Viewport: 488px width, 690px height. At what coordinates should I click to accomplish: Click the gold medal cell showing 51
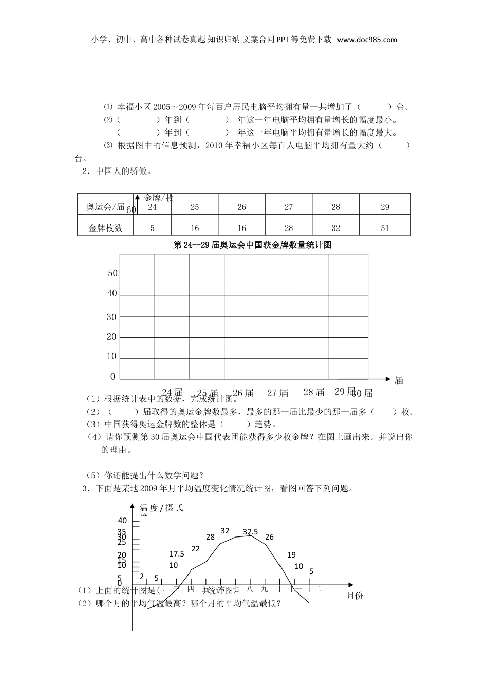pos(385,228)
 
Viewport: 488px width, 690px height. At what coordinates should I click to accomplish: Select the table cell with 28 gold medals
pos(289,228)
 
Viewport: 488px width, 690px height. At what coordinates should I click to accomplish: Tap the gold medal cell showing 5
pos(152,228)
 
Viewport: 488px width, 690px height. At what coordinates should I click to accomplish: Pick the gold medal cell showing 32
pos(335,228)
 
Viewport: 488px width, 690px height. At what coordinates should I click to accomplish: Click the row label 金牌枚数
pos(105,228)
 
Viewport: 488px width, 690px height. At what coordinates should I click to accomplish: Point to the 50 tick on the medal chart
pos(112,274)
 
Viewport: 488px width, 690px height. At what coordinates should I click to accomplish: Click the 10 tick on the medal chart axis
pos(111,357)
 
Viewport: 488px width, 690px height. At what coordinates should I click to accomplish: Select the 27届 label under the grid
pos(277,393)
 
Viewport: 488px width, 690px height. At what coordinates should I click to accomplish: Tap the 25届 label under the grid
pos(208,393)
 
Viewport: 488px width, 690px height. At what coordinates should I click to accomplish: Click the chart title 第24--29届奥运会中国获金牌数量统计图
pos(252,245)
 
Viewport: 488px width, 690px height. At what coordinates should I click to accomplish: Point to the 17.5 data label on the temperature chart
pos(177,554)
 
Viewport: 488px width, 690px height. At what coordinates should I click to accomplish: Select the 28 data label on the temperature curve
pos(210,537)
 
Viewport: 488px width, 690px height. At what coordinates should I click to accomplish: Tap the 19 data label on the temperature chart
pos(291,555)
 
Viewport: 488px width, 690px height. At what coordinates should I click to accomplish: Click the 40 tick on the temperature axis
pos(122,521)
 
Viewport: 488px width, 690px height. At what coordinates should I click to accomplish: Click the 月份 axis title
pos(354,596)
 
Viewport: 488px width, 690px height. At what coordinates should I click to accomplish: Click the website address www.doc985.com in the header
pos(367,40)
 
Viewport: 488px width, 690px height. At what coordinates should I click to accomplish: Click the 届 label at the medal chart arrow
pos(399,380)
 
